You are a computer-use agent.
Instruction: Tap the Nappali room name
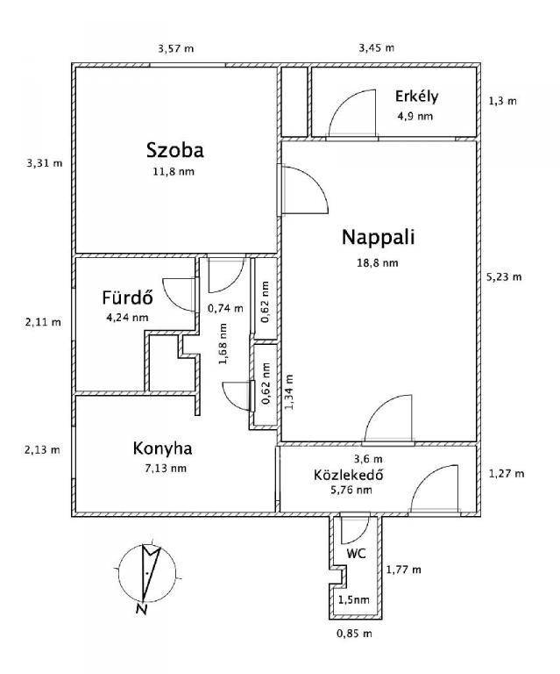(x=378, y=237)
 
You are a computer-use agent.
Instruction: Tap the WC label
(x=355, y=555)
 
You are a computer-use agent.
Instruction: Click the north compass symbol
(x=145, y=575)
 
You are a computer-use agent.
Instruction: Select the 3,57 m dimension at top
(x=175, y=47)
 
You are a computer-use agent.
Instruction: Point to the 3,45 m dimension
(x=377, y=47)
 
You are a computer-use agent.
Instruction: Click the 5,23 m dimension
(x=504, y=276)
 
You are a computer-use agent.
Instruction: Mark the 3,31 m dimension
(x=45, y=162)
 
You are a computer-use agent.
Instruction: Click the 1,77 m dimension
(x=403, y=570)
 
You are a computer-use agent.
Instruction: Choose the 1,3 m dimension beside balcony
(x=502, y=101)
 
